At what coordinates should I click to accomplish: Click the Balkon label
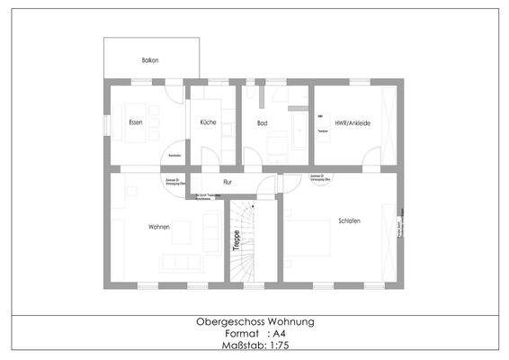click(150, 59)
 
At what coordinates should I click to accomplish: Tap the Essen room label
click(136, 122)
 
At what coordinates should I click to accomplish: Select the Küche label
click(208, 122)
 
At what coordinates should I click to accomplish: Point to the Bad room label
click(262, 122)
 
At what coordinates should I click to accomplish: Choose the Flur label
click(228, 182)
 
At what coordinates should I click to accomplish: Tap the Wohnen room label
click(159, 227)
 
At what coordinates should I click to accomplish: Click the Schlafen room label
click(350, 220)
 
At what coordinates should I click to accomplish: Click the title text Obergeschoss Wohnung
click(254, 321)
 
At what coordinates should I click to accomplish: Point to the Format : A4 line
click(254, 333)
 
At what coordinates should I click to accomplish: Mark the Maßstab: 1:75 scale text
click(254, 345)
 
